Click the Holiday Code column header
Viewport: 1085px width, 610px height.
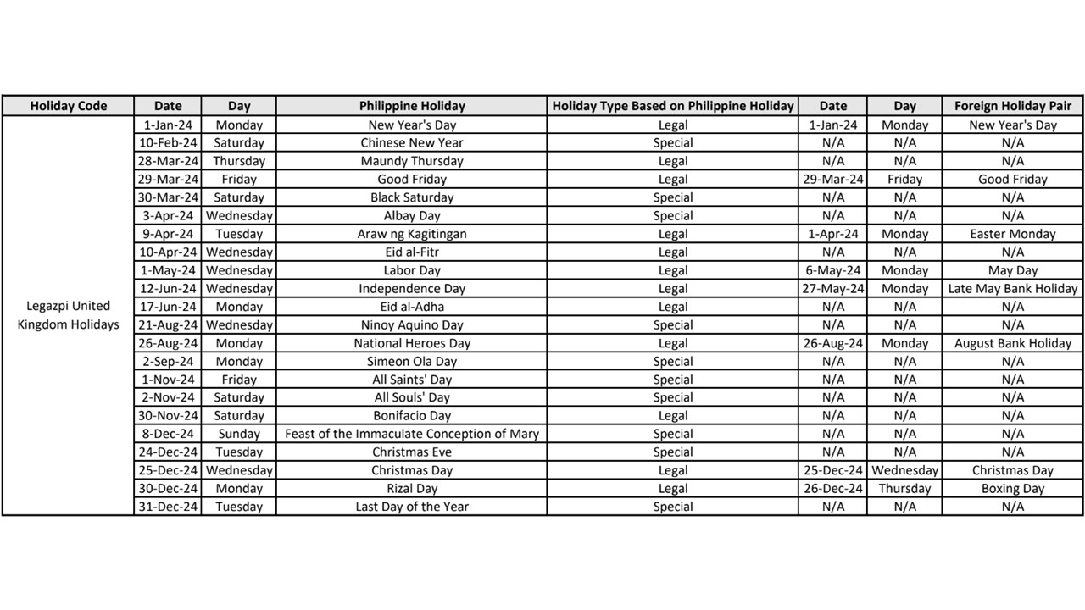(x=68, y=106)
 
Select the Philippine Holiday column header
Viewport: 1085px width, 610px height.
(x=412, y=106)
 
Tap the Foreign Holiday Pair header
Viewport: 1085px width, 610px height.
(x=1012, y=106)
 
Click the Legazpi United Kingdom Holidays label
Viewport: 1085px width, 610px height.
(x=68, y=315)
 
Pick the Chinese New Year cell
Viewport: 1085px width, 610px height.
(x=412, y=143)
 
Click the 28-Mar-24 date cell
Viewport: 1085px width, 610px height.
(x=168, y=161)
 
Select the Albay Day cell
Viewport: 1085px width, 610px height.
(x=412, y=216)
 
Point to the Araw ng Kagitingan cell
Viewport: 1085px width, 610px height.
(x=412, y=234)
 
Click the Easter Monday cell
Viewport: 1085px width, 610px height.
(x=1012, y=234)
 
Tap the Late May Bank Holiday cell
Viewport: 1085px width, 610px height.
(x=1012, y=289)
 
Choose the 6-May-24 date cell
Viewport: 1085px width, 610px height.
(x=833, y=270)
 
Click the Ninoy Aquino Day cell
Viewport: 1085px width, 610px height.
(x=412, y=325)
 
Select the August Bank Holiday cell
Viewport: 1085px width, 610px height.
(x=1012, y=343)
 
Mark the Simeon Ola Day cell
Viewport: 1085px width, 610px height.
(x=412, y=362)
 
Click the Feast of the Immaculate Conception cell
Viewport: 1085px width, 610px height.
(x=412, y=434)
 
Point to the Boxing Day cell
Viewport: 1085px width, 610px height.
(x=1012, y=489)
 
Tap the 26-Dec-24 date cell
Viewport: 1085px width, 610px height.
(x=833, y=489)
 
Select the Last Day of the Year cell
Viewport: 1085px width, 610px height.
(x=412, y=507)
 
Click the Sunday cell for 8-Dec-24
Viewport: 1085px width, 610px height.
(x=239, y=434)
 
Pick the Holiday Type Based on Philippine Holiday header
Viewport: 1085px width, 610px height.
(x=673, y=106)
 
